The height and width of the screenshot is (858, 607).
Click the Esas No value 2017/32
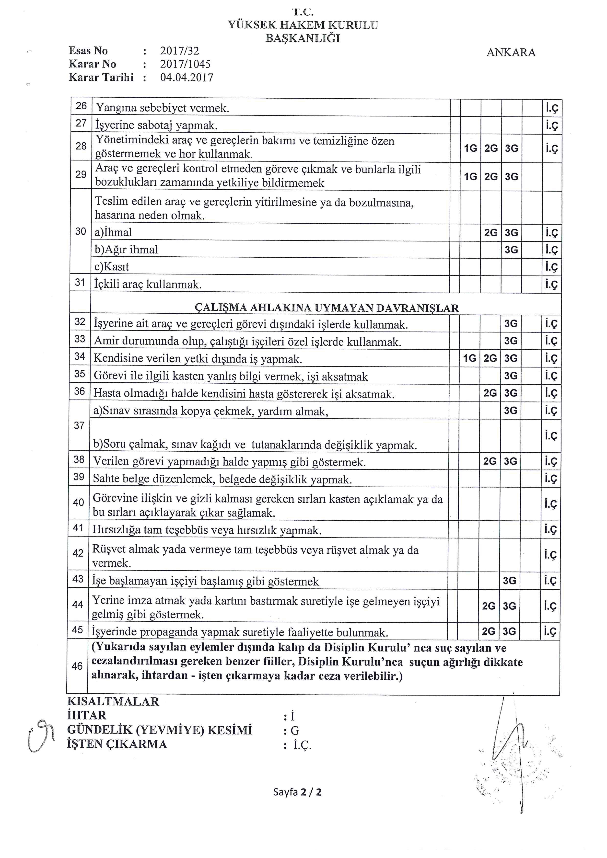coord(179,51)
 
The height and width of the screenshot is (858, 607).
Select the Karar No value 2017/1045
coord(185,64)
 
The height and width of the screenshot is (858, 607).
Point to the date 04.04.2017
coord(187,78)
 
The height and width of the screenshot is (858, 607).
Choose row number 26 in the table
coord(81,106)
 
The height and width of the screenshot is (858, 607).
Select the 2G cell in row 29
coord(491,176)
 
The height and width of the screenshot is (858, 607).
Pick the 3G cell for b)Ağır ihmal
coord(511,250)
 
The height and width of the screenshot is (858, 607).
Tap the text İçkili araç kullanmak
coord(148,285)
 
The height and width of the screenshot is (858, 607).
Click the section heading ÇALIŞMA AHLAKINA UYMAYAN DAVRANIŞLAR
coord(326,308)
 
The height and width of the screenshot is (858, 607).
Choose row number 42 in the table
coord(78,553)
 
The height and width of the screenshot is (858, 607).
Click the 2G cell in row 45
coord(489,631)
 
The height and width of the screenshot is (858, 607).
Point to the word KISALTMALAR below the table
coord(113,701)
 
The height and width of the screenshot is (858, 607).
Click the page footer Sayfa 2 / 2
coord(297,792)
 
